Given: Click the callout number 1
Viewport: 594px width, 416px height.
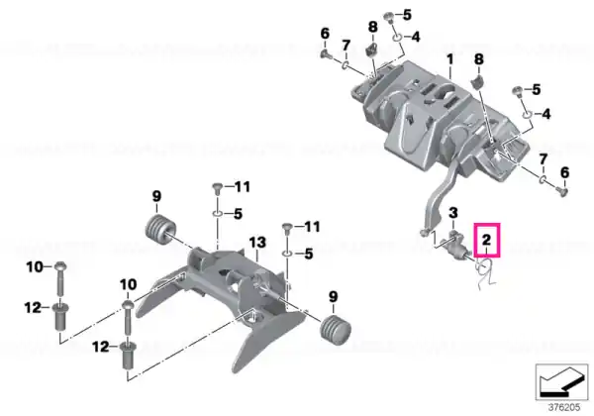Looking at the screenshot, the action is coord(450,59).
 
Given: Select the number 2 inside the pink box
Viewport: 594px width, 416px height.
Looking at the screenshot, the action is coord(486,240).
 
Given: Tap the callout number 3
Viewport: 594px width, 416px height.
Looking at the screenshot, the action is coord(453,213).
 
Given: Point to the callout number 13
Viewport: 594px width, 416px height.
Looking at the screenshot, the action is coord(257,243).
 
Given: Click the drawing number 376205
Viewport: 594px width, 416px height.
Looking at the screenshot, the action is coord(564,408).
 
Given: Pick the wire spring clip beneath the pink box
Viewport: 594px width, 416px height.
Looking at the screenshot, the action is coord(484,272).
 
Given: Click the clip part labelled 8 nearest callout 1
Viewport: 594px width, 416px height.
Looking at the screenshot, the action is coord(478,82).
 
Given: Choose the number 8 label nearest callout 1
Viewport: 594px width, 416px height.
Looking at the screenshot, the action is coord(479,59).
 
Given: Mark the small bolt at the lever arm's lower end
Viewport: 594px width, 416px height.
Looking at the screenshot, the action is coord(424,232).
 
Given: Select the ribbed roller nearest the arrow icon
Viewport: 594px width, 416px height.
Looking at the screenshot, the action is coord(336,328).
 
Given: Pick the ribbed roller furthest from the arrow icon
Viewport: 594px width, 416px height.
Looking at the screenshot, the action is coord(160,228).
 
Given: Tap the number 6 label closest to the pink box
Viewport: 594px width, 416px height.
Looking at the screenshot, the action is coord(564,172).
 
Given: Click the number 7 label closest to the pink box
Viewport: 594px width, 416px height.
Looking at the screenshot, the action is coord(544,159).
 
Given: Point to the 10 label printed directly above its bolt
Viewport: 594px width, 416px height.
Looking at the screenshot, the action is coord(128,284).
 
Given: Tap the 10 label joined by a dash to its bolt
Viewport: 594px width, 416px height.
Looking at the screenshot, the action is coord(35,267).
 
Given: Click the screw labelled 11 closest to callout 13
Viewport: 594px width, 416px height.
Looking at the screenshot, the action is coord(287,229).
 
